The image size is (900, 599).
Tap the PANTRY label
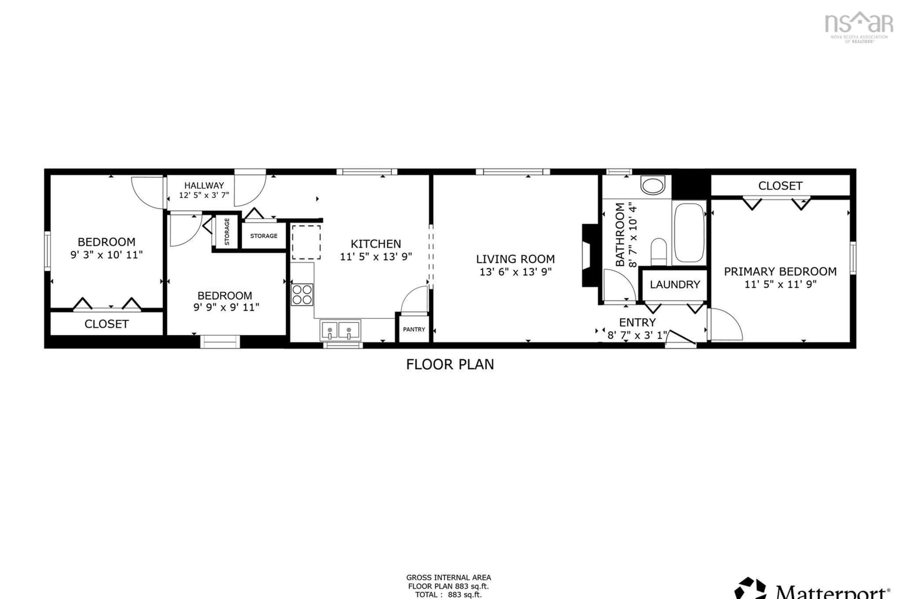pyautogui.click(x=414, y=329)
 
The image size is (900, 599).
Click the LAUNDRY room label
pyautogui.click(x=675, y=285)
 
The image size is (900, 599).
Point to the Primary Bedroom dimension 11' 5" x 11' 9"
pyautogui.click(x=780, y=284)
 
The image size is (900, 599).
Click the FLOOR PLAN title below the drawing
pyautogui.click(x=450, y=364)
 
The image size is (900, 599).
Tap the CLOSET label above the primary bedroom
pyautogui.click(x=780, y=186)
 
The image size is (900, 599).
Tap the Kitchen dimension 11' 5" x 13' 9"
pyautogui.click(x=376, y=257)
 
